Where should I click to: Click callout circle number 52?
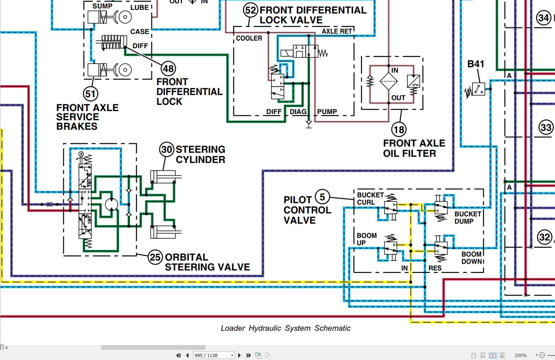pos(251,10)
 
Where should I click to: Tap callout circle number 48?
pos(168,68)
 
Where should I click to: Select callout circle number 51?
pos(90,94)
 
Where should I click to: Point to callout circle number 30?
pos(167,149)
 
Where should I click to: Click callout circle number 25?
pos(155,257)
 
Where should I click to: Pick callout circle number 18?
pos(399,129)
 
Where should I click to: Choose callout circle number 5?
pos(322,197)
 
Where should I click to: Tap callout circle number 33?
pos(546,128)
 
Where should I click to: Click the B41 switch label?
pos(476,64)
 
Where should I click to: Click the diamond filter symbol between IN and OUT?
pos(388,81)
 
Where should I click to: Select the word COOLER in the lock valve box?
pos(249,38)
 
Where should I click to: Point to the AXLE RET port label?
pos(337,31)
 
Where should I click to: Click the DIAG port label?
pos(298,112)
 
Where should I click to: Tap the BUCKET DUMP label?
pos(467,217)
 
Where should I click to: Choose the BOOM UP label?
pos(366,239)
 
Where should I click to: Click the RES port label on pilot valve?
pos(435,268)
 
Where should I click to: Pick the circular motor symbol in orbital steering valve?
pos(111,204)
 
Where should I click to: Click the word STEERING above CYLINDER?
pos(200,149)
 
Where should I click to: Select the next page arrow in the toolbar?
pos(239,355)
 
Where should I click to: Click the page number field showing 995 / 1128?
pos(212,355)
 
